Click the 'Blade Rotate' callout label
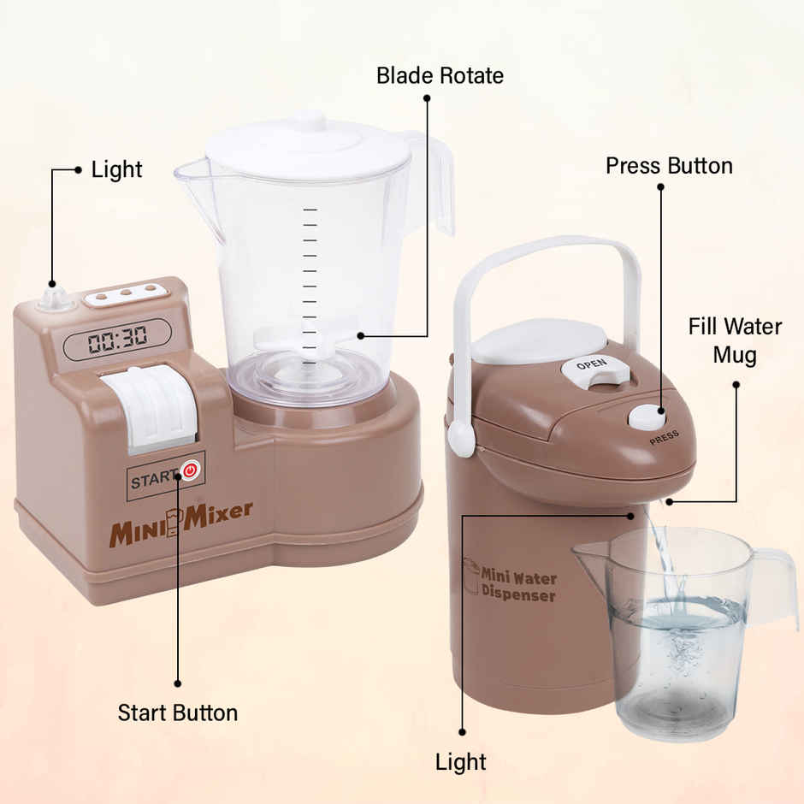(440, 75)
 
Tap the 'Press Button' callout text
(669, 165)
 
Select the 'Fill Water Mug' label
(735, 340)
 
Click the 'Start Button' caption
(178, 712)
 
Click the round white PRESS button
(647, 417)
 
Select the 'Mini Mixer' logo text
(180, 522)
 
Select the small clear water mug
(676, 633)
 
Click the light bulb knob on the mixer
(55, 298)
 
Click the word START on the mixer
(154, 480)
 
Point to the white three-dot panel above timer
(126, 294)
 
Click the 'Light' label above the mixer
(116, 169)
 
